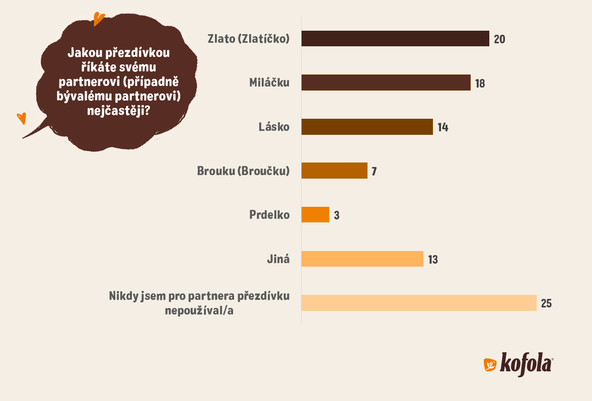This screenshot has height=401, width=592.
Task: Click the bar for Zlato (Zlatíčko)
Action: [395, 39]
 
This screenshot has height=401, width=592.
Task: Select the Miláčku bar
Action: [386, 83]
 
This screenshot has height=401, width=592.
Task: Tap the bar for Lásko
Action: [367, 127]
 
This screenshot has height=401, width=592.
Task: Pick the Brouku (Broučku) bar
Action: [334, 171]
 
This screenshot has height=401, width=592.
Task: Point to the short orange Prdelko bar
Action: [315, 215]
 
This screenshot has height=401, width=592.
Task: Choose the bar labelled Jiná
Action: [362, 259]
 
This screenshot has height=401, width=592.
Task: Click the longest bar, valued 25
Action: [419, 303]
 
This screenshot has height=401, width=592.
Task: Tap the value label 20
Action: [499, 39]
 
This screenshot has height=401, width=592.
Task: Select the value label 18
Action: [480, 84]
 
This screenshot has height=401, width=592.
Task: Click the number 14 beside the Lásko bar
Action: [442, 127]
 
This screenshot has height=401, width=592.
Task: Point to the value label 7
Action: [374, 172]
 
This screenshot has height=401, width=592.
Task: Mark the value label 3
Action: [336, 216]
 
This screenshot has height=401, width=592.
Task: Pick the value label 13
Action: [433, 260]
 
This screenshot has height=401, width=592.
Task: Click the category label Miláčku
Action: [269, 83]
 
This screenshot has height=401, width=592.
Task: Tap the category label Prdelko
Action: [269, 215]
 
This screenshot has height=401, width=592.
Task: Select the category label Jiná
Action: [278, 259]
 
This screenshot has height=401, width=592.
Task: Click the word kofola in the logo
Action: [526, 363]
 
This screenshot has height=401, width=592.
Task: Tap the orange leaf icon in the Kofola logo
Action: [490, 365]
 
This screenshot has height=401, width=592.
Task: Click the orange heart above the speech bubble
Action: [99, 19]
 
